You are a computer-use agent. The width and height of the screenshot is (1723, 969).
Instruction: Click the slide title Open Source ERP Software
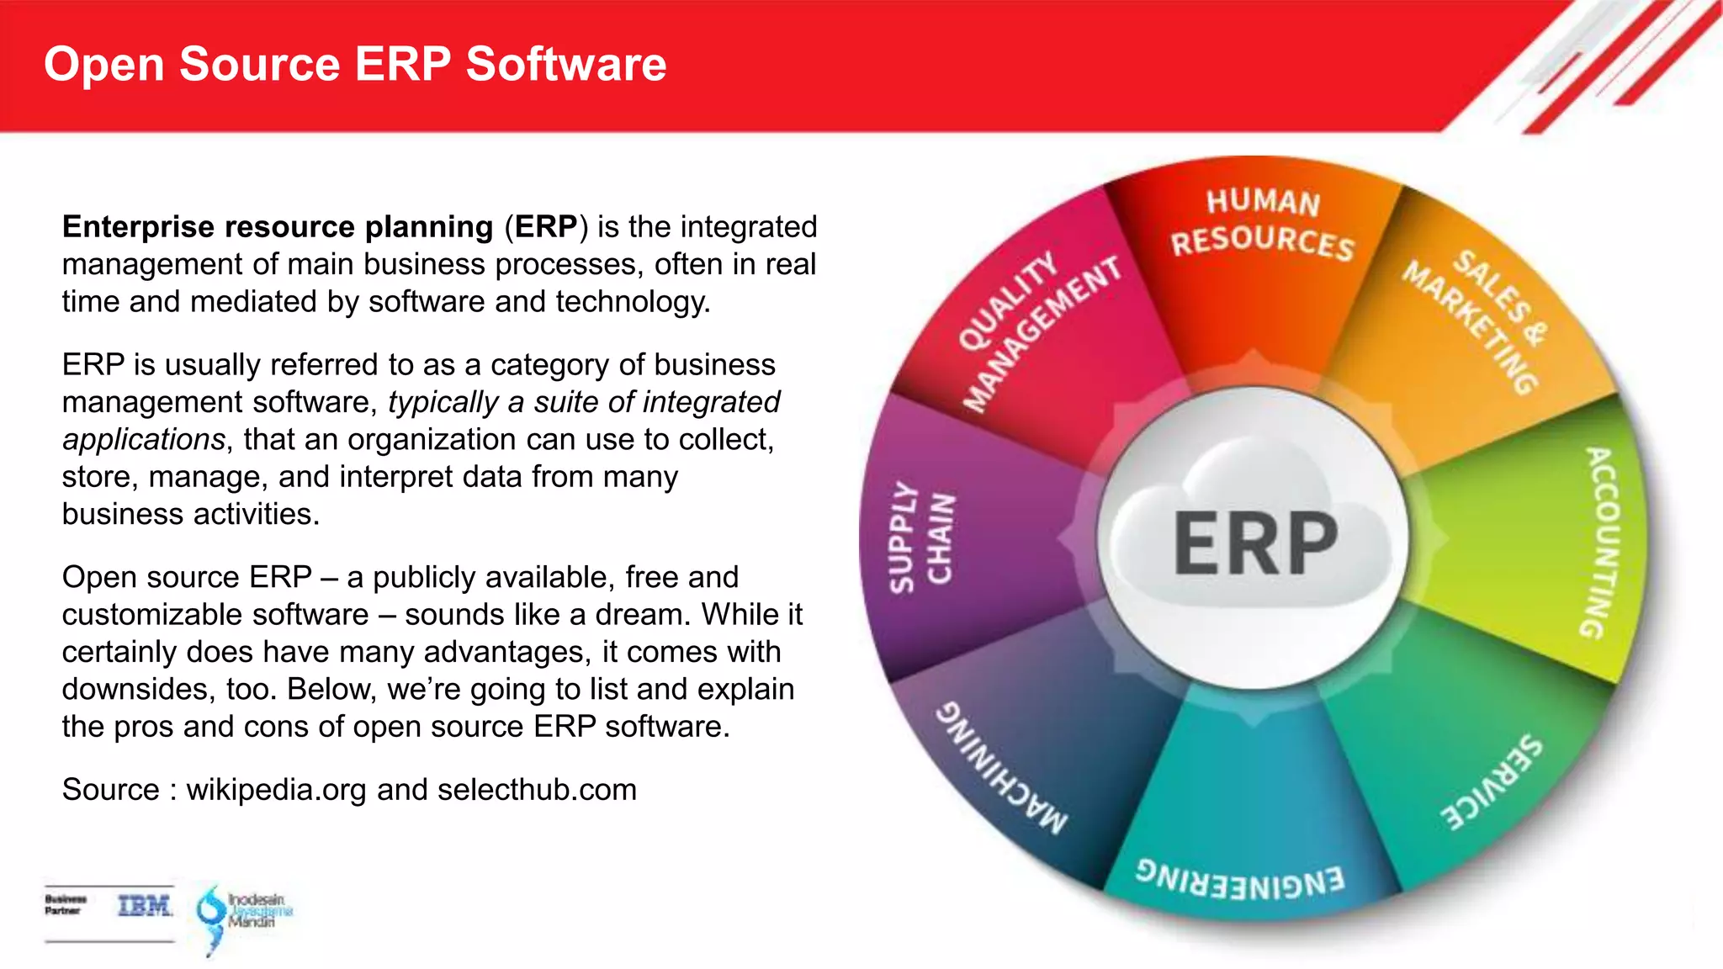tap(354, 64)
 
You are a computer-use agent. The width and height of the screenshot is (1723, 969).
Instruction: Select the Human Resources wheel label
tap(1262, 223)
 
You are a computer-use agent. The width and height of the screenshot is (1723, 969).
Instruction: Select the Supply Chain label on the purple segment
tap(920, 537)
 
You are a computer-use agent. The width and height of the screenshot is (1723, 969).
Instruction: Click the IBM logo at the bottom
tap(145, 906)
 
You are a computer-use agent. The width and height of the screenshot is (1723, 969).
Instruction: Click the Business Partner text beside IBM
tap(66, 905)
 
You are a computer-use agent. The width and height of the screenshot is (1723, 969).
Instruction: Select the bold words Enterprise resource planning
tap(278, 227)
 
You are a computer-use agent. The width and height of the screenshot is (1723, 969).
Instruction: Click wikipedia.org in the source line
tap(276, 790)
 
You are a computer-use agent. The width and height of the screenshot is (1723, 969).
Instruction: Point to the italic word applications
tap(144, 440)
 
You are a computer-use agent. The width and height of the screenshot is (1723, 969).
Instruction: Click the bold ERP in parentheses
tap(546, 227)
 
